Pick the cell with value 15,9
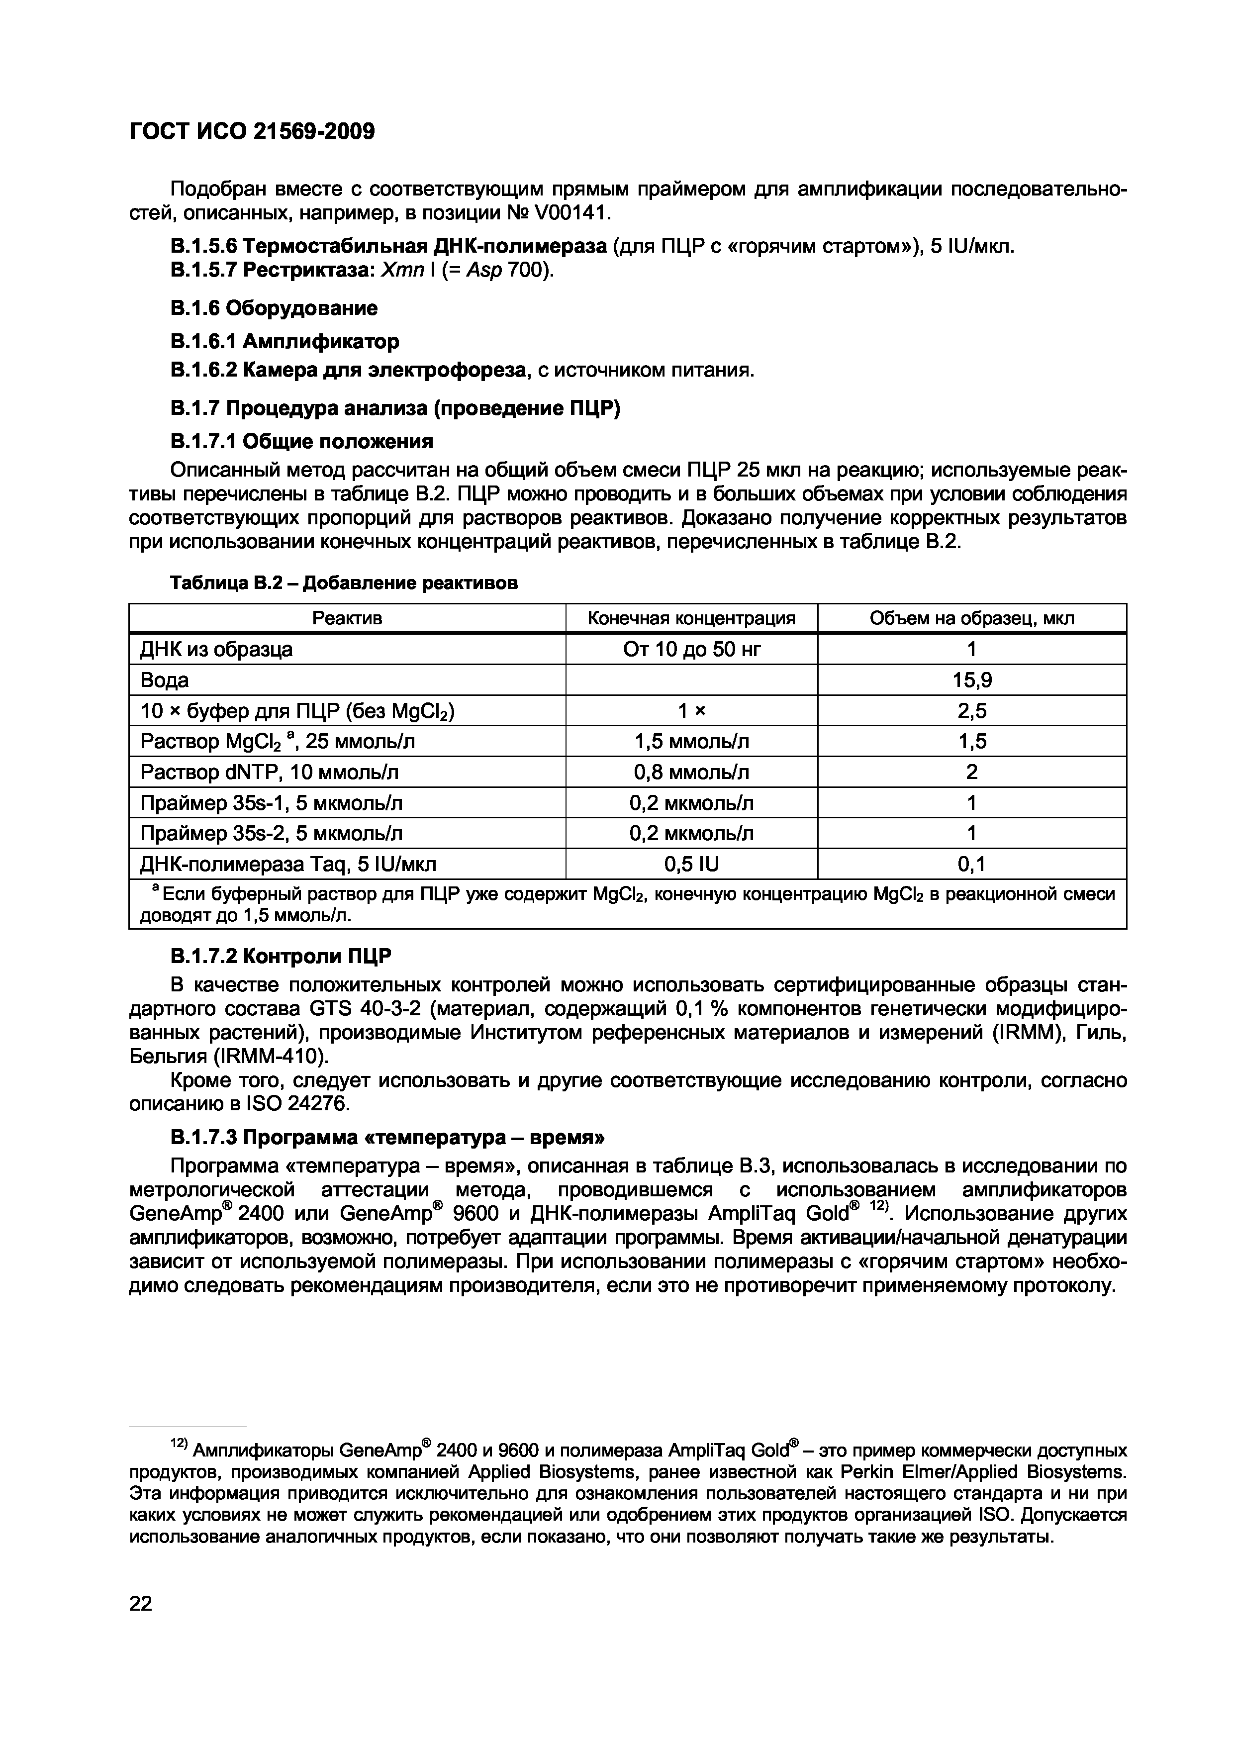[x=972, y=680]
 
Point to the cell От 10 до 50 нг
[x=691, y=649]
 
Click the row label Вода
[x=165, y=680]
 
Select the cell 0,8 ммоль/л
[x=691, y=772]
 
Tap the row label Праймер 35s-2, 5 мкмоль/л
[x=271, y=834]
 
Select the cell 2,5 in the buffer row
[x=972, y=711]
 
